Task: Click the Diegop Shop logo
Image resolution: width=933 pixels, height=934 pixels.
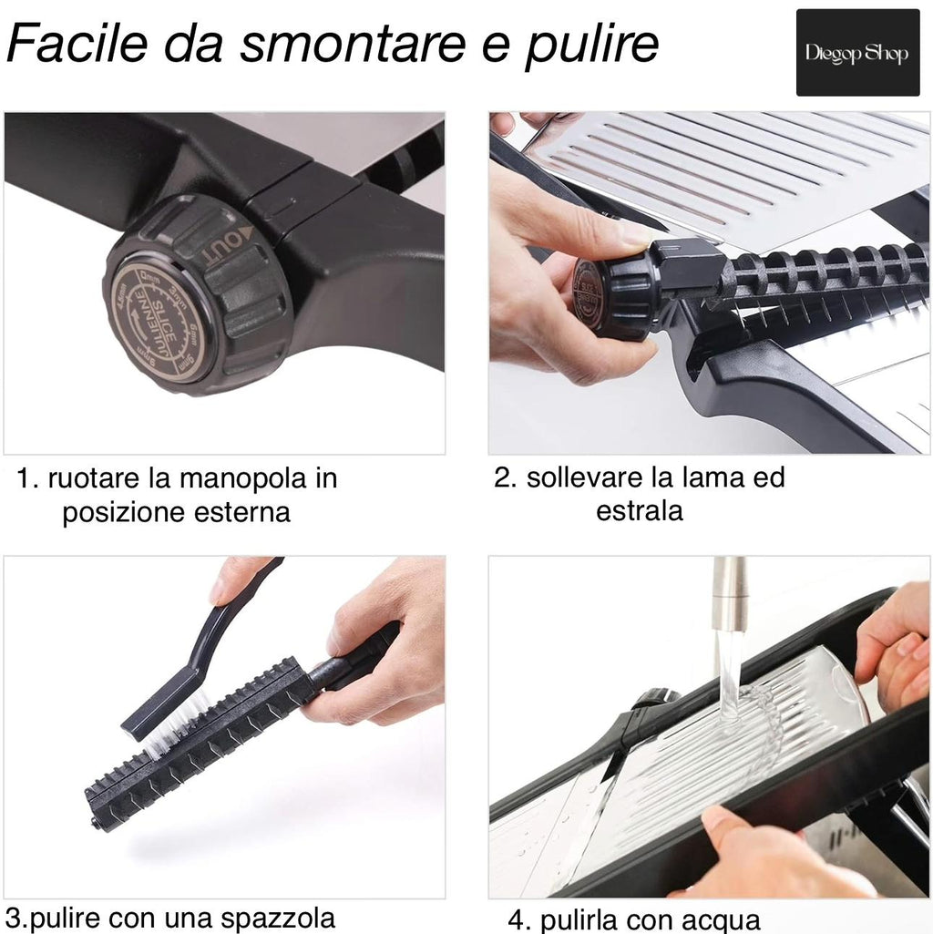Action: click(x=857, y=53)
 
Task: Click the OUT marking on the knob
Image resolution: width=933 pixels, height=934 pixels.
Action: click(x=219, y=245)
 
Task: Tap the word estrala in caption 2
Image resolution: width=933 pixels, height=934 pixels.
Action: click(x=639, y=511)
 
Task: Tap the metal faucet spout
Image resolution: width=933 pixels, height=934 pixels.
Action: click(x=729, y=593)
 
